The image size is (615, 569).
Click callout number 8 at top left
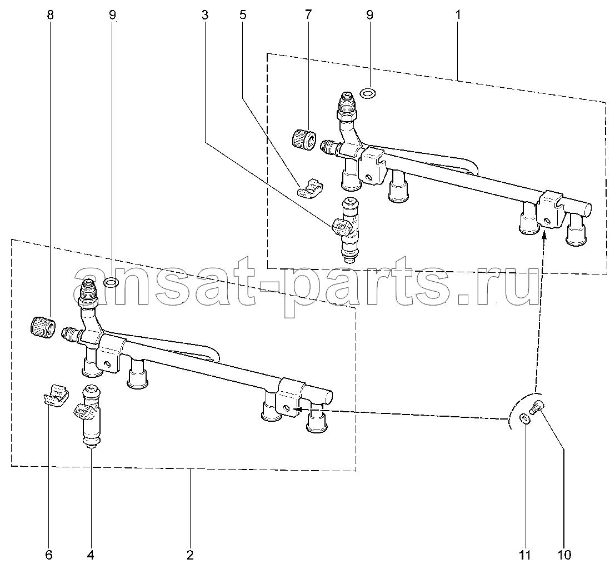50,16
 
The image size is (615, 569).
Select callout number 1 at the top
458,16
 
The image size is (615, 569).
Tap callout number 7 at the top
308,16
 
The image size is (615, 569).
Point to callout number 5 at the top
243,16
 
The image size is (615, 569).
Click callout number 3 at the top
205,16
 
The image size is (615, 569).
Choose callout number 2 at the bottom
190,555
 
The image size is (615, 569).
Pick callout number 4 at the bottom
91,555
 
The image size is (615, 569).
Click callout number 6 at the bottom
49,555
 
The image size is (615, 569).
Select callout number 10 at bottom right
564,555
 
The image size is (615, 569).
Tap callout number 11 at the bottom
525,555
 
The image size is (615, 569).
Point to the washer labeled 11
524,418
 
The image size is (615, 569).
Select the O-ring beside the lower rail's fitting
111,282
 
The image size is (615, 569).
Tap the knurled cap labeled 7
305,139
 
